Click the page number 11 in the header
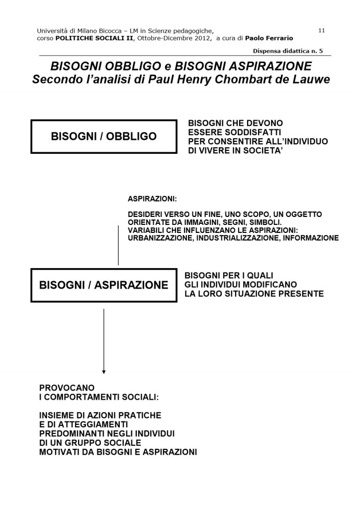(321, 30)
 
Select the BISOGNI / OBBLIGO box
(104, 136)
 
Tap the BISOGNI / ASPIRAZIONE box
(104, 285)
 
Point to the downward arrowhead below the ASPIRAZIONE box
(104, 371)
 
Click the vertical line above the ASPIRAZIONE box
(118, 245)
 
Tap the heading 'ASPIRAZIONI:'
(152, 199)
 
